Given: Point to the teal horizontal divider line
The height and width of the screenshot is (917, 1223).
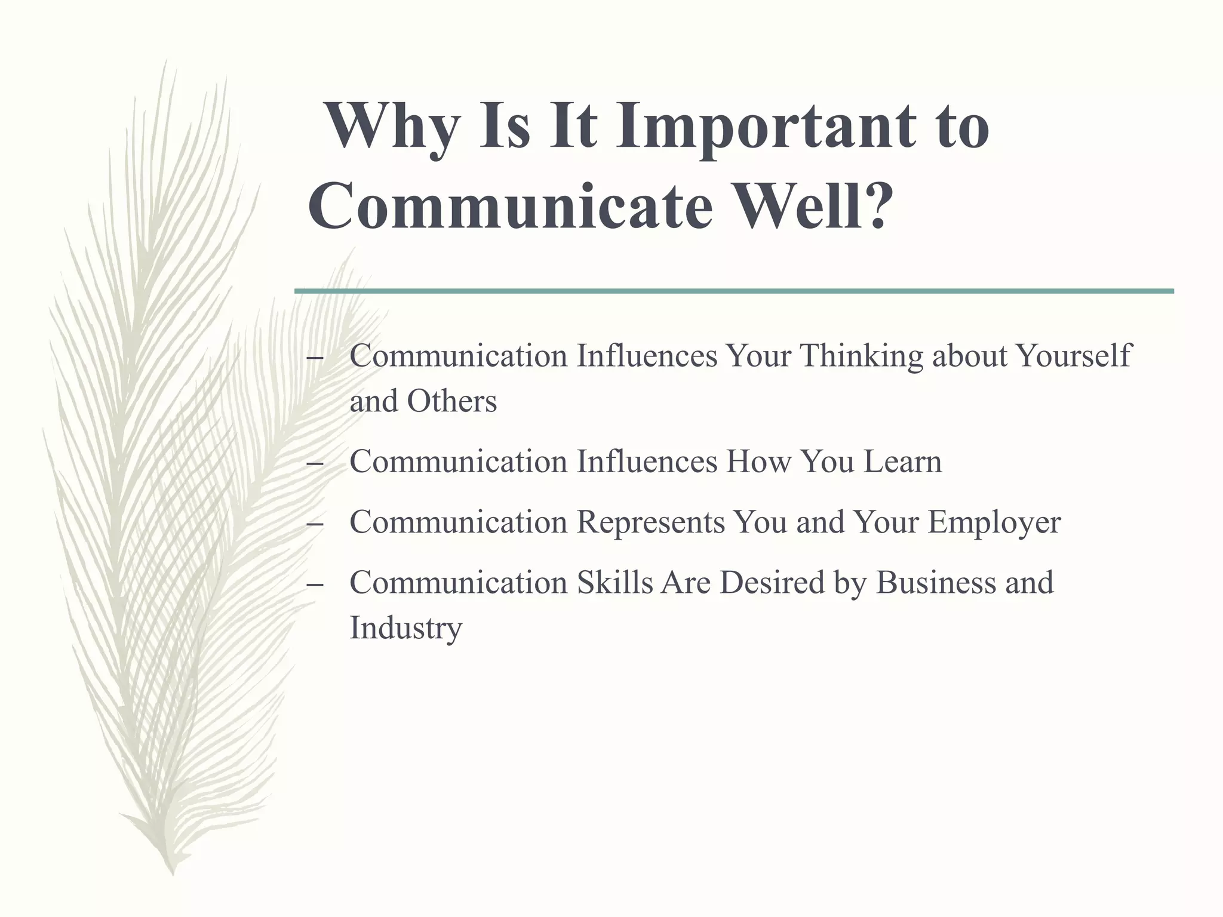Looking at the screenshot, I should tap(734, 291).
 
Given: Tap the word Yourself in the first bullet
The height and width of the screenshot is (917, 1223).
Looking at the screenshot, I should tap(1073, 356).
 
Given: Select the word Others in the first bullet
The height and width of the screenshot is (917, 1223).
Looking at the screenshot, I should tap(451, 401).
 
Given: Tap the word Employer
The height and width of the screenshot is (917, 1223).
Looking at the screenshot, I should tap(994, 523).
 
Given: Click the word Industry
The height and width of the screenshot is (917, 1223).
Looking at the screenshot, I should tap(406, 628).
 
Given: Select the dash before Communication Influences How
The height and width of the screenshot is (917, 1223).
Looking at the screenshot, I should tap(314, 463).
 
